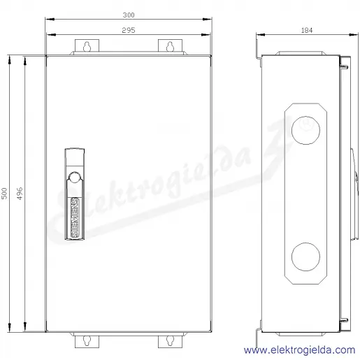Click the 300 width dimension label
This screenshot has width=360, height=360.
point(129,15)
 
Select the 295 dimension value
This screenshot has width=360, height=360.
point(129,30)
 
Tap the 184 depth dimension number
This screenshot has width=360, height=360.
point(307,30)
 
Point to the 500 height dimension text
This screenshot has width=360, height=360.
point(4,194)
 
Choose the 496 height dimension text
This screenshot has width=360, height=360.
point(20,194)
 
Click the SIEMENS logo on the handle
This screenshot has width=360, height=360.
point(75,217)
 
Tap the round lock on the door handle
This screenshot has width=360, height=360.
point(75,178)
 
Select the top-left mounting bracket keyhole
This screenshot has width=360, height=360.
point(87,46)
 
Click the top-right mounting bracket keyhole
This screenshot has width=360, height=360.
point(170,46)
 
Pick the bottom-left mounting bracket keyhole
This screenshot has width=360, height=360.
point(87,341)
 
